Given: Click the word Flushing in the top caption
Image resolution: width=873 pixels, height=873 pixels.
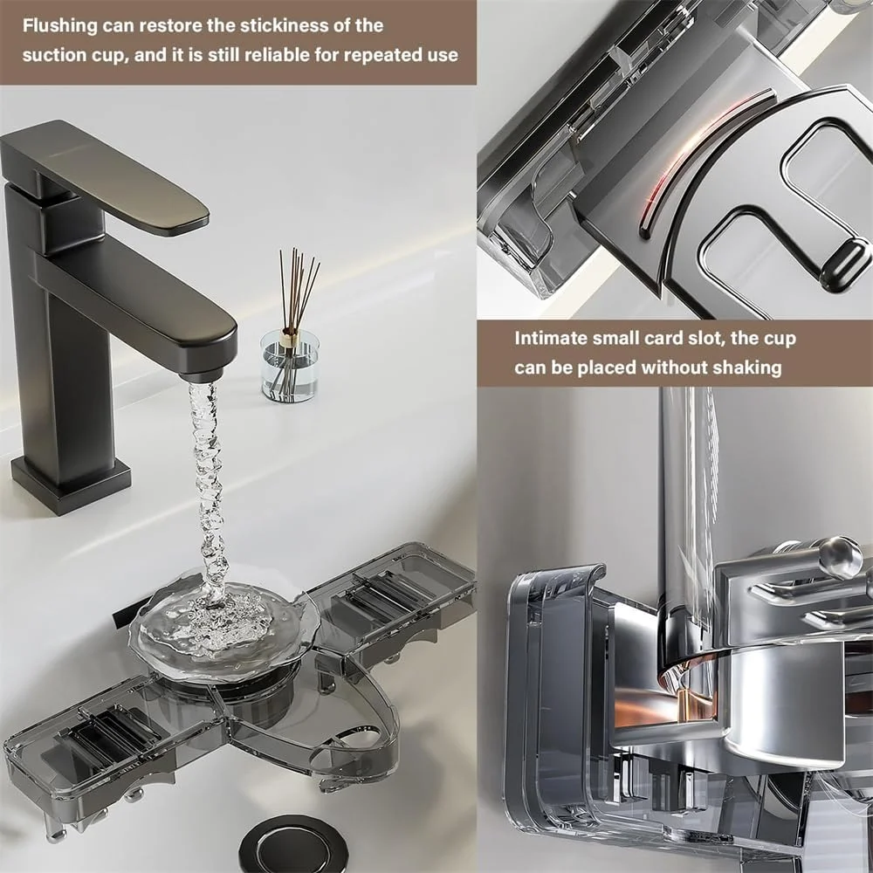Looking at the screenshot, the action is (60, 26).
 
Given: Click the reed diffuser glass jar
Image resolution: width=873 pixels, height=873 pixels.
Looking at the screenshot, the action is (290, 366).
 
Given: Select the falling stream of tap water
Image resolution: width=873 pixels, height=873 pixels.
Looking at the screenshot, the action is (209, 490).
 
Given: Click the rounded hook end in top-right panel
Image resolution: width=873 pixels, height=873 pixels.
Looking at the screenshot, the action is (843, 265).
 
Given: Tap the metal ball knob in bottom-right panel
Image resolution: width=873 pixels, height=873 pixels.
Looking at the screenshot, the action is (841, 558).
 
